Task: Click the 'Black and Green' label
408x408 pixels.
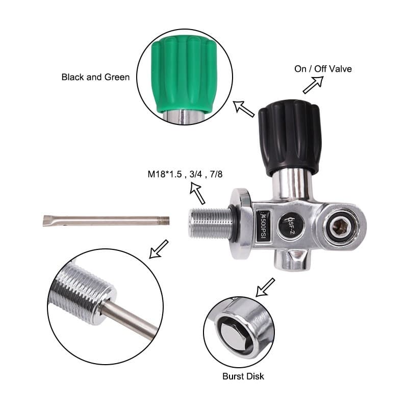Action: pyautogui.click(x=95, y=77)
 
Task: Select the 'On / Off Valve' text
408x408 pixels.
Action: pyautogui.click(x=323, y=69)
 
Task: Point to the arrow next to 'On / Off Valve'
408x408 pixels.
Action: pyautogui.click(x=313, y=85)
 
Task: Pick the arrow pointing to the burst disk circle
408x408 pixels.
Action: pyautogui.click(x=265, y=287)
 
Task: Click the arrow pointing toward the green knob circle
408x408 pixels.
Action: pyautogui.click(x=244, y=108)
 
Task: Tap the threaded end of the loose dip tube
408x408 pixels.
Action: pyautogui.click(x=164, y=220)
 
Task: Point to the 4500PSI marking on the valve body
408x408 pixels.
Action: pyautogui.click(x=265, y=227)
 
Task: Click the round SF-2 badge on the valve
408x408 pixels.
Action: pyautogui.click(x=288, y=223)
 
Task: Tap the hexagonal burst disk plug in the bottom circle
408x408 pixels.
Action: pyautogui.click(x=233, y=334)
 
